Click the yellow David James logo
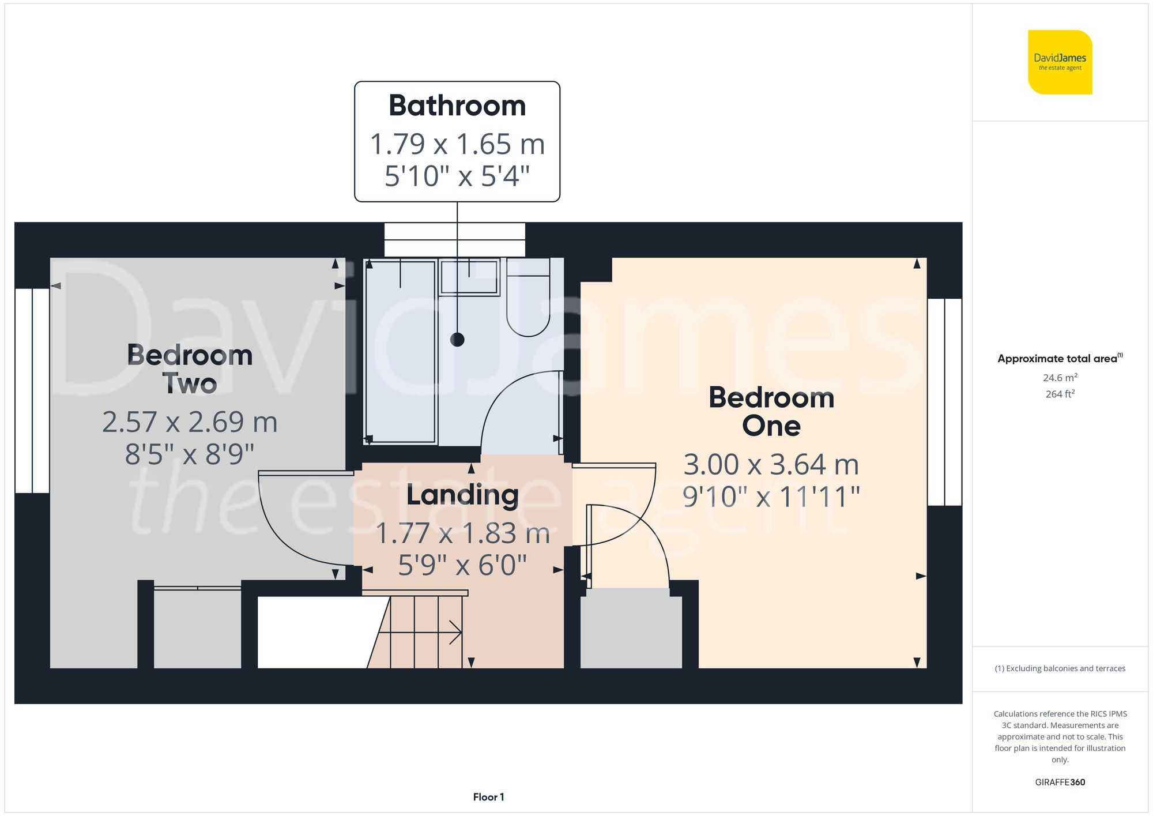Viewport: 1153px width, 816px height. [x=1060, y=62]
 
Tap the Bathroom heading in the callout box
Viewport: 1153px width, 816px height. [x=457, y=106]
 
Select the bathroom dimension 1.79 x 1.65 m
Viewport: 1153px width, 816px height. [x=457, y=144]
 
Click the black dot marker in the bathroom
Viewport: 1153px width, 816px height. [x=457, y=340]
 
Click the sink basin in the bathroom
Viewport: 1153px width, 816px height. [x=469, y=278]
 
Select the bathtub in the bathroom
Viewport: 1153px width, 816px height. [x=400, y=352]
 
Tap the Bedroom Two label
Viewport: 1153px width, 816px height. [x=190, y=369]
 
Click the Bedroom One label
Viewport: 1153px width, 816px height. [x=771, y=411]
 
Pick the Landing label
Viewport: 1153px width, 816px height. [x=462, y=495]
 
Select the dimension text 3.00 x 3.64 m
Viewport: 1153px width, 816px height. [x=771, y=465]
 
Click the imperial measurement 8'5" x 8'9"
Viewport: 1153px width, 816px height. [x=190, y=454]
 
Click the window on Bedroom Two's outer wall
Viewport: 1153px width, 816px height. [x=32, y=390]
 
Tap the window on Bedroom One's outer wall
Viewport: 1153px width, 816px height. [x=944, y=402]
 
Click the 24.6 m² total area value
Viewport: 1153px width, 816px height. [x=1060, y=378]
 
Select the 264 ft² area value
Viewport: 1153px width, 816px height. [x=1060, y=394]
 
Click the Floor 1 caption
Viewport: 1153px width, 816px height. [x=488, y=797]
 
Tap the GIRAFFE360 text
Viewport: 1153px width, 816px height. [x=1060, y=782]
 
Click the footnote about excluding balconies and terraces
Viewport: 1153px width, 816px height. [x=1060, y=668]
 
